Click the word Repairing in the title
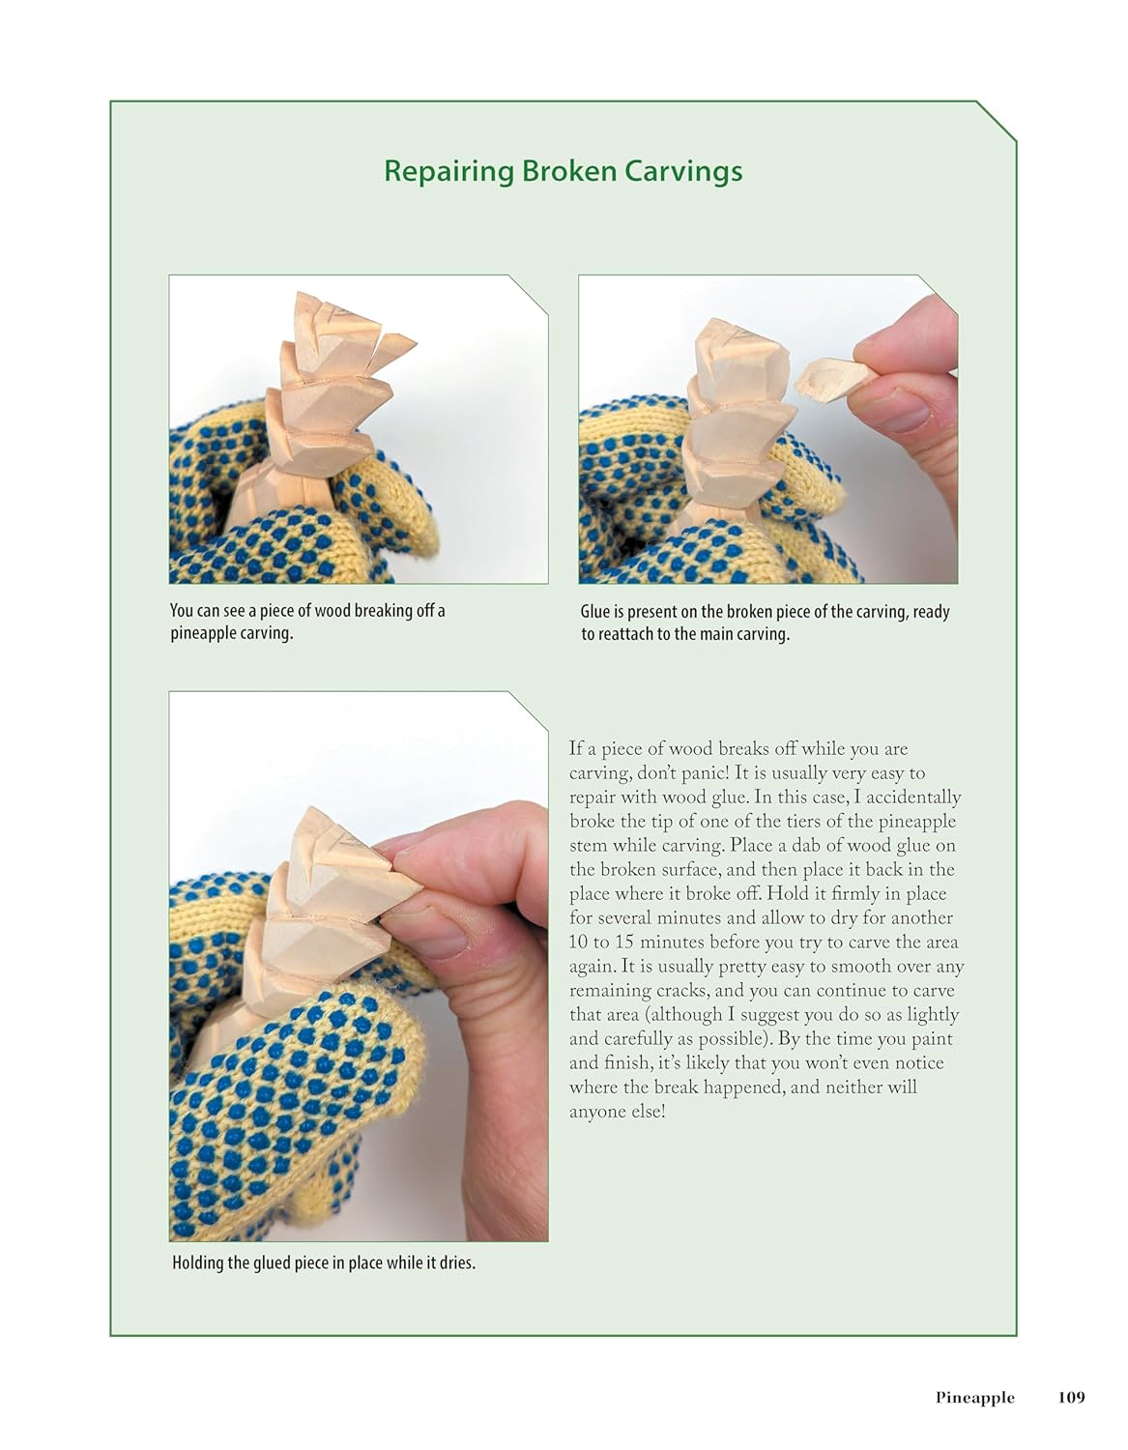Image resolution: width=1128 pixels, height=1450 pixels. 448,171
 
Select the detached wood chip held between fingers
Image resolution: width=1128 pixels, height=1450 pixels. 835,379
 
